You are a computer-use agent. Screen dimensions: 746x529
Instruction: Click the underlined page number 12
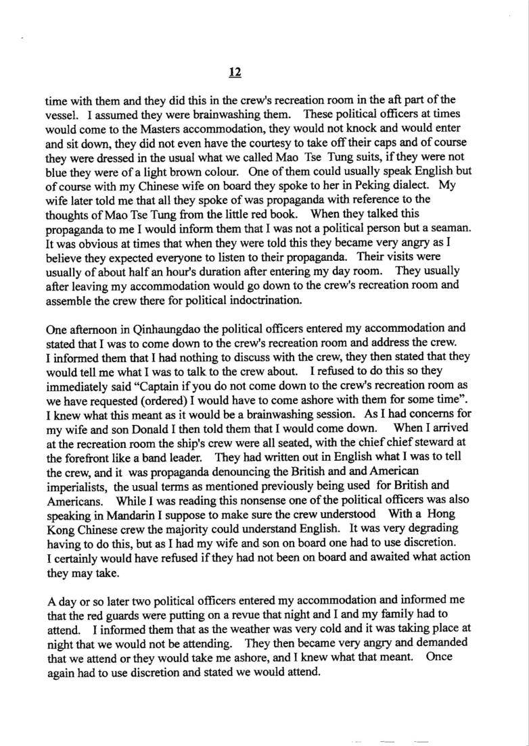(x=235, y=72)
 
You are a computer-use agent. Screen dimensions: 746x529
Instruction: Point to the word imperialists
(x=76, y=487)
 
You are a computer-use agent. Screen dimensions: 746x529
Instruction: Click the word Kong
(x=60, y=532)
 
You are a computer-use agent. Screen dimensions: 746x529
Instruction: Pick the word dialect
(x=409, y=183)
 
